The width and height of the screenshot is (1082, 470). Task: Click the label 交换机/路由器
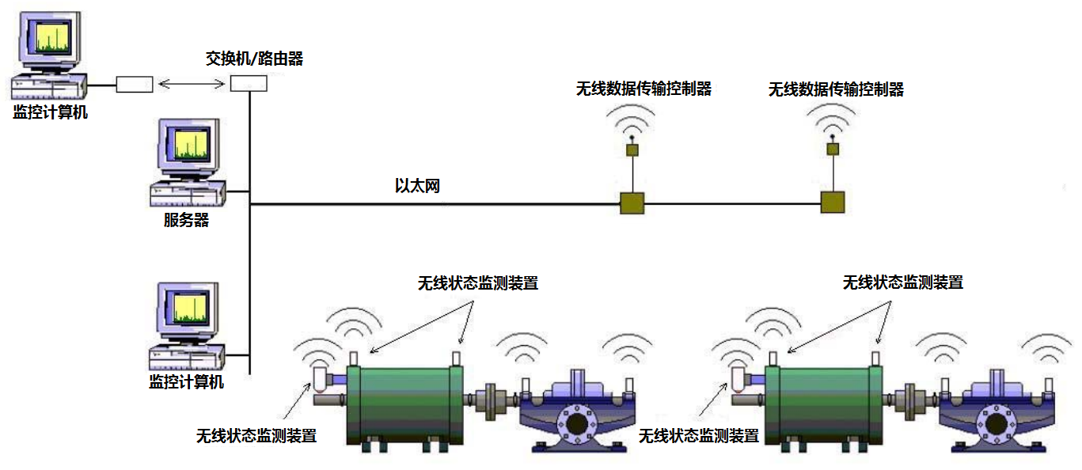pos(254,59)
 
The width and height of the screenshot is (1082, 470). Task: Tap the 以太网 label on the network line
pos(417,185)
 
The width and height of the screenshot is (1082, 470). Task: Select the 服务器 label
pos(187,220)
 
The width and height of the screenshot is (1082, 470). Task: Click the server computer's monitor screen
pos(192,144)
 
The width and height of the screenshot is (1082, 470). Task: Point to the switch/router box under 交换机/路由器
pos(249,84)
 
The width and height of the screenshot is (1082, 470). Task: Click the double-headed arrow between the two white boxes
pos(192,84)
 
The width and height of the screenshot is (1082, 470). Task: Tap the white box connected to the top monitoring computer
pos(135,85)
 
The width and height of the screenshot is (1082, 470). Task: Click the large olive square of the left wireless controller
pos(632,203)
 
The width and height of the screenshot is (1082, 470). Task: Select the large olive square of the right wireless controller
pos(833,203)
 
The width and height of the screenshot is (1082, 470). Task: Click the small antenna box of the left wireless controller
pos(632,150)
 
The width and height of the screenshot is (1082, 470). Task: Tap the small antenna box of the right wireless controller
pos(833,149)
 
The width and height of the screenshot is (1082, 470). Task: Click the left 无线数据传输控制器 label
pos(644,89)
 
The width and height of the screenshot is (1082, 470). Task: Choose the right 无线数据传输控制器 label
pos(836,89)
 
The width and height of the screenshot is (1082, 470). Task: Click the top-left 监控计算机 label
pos(50,112)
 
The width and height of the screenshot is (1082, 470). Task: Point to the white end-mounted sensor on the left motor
pos(321,379)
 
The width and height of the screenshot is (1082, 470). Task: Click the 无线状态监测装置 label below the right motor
pos(698,436)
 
